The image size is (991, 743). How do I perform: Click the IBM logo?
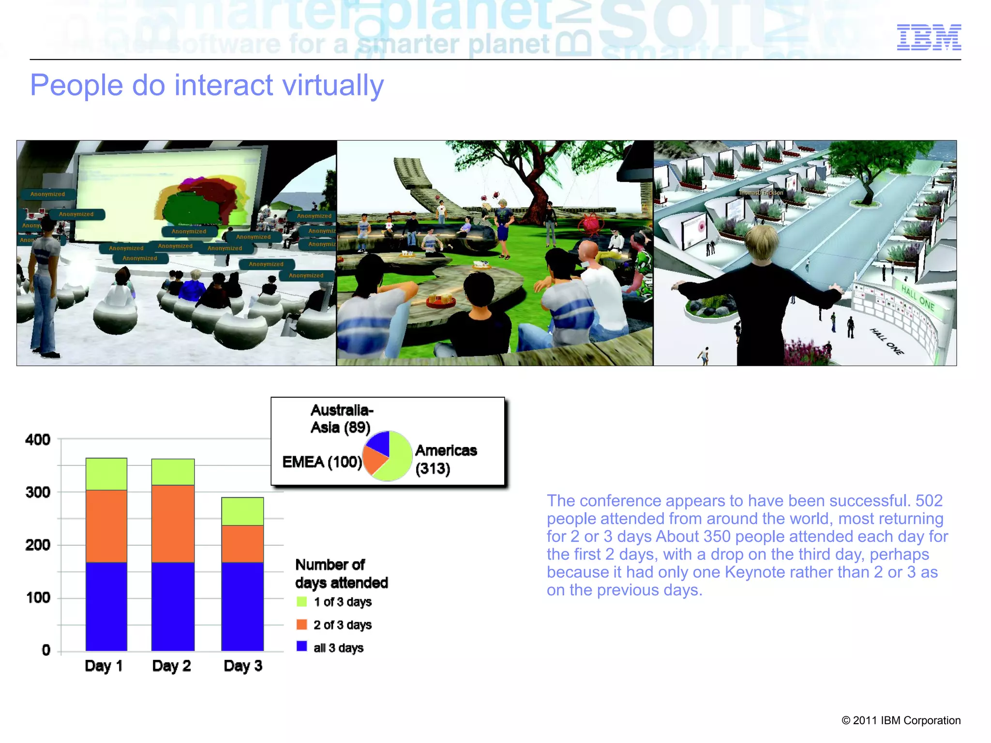click(929, 37)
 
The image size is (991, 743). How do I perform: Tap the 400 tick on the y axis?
click(38, 440)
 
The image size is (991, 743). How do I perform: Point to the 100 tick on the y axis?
click(38, 598)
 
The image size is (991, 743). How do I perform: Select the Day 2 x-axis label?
click(171, 666)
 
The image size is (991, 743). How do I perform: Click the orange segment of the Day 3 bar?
click(242, 544)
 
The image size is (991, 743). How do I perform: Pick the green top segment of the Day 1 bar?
click(106, 474)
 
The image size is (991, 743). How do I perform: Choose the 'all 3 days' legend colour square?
click(301, 646)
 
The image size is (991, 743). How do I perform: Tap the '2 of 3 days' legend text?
click(342, 625)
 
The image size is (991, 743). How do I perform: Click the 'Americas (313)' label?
click(445, 459)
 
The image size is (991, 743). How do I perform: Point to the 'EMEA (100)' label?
click(322, 462)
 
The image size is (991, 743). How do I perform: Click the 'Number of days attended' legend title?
click(341, 574)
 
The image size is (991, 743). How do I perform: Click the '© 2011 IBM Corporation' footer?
click(901, 720)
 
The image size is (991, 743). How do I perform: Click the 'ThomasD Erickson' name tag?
click(761, 193)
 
